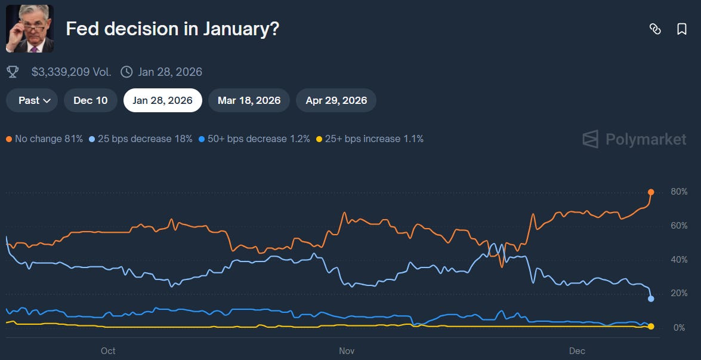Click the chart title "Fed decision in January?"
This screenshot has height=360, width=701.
172,29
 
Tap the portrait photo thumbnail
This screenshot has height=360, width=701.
30,29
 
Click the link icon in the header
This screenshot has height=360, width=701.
655,29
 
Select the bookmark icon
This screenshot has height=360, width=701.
682,29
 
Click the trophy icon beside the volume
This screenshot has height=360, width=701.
12,72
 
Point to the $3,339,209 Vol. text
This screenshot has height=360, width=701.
71,72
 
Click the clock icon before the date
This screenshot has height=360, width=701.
126,72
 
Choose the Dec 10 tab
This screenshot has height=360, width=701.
91,100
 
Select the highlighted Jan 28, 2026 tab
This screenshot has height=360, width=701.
162,100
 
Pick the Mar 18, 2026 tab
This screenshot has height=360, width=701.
249,100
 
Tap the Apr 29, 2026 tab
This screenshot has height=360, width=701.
336,100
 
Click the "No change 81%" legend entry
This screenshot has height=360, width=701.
45,139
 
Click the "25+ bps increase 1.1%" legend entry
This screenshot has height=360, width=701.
369,139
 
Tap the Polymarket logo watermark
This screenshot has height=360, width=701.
634,139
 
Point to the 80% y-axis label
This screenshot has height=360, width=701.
679,192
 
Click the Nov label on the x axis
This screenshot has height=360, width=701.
347,351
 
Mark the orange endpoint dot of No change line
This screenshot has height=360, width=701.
651,192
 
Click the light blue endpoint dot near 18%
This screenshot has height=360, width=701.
651,299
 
